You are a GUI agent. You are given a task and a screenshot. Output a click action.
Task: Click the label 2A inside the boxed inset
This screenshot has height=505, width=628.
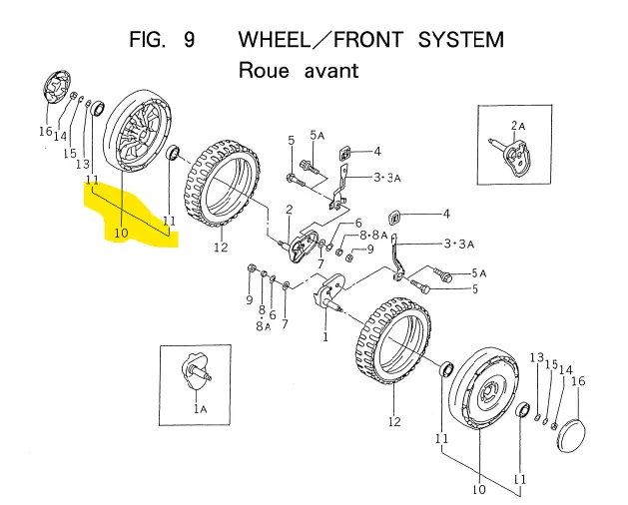[518, 125]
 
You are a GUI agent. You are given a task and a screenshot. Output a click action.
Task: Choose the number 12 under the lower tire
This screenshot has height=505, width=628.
[394, 422]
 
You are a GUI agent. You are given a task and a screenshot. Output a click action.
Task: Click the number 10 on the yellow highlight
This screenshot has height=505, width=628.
[122, 233]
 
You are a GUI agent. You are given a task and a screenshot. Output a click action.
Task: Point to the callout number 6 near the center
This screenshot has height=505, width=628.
[357, 224]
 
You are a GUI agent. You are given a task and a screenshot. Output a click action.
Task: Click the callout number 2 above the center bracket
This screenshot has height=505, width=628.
[289, 210]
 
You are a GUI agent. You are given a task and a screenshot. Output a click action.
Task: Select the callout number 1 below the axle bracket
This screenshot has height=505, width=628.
[325, 338]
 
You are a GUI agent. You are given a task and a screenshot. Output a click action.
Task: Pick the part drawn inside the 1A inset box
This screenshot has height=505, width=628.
[198, 371]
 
